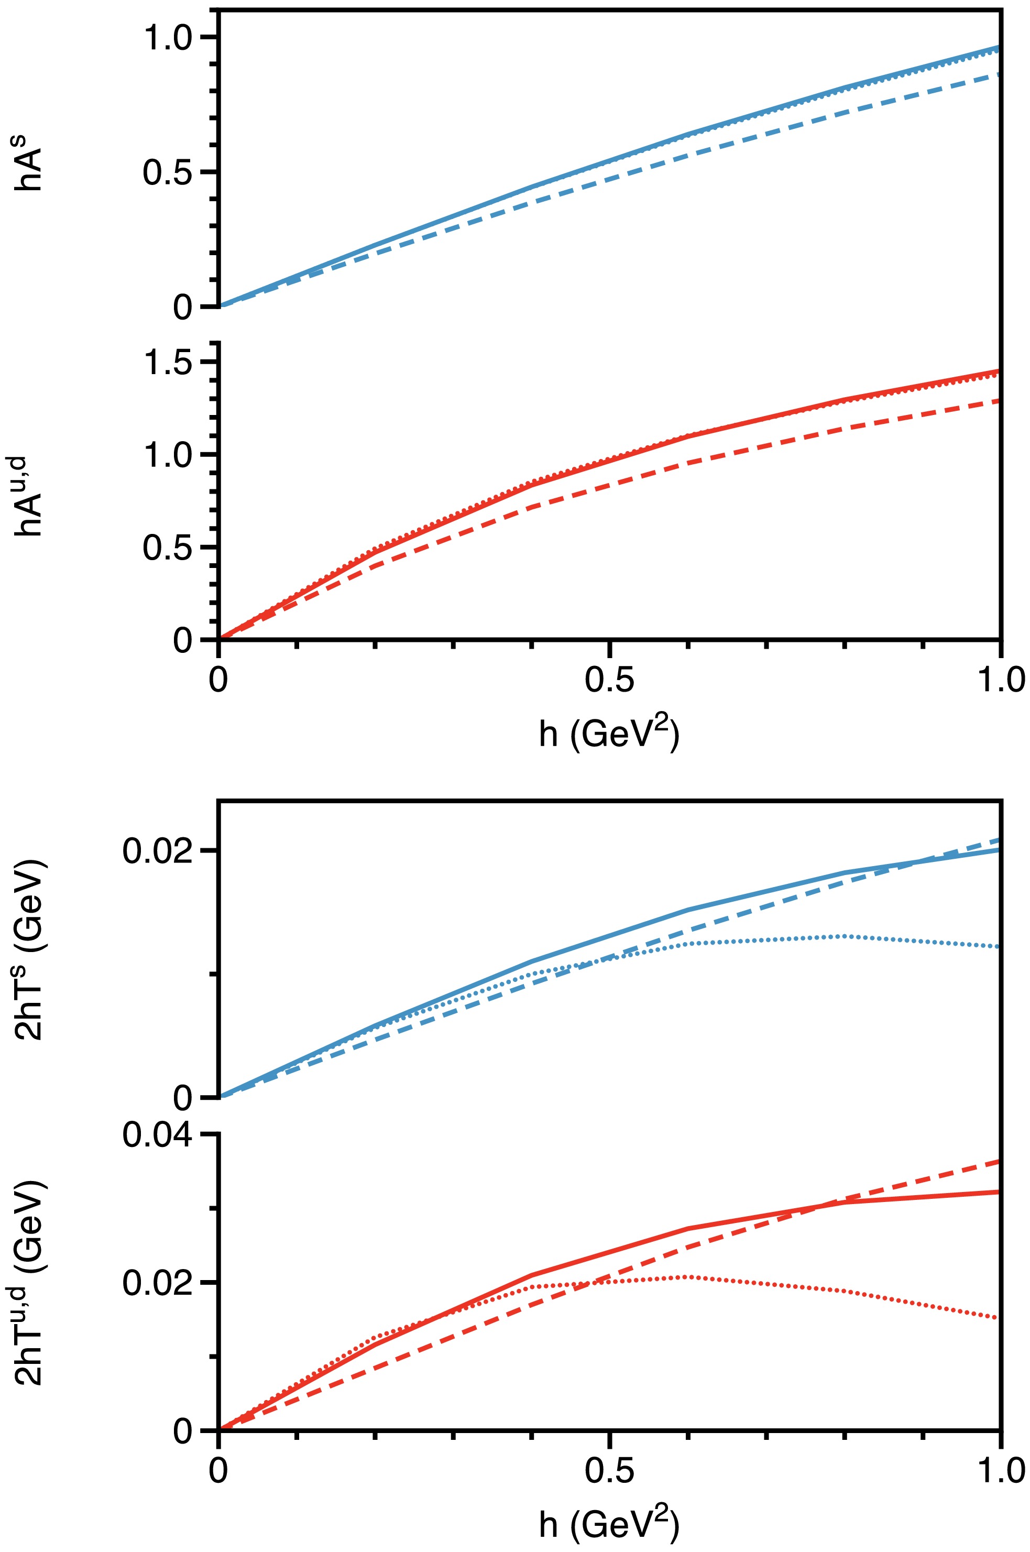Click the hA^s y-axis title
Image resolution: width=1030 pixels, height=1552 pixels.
tap(29, 169)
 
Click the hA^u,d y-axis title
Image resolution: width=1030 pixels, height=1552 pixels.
tap(29, 495)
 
